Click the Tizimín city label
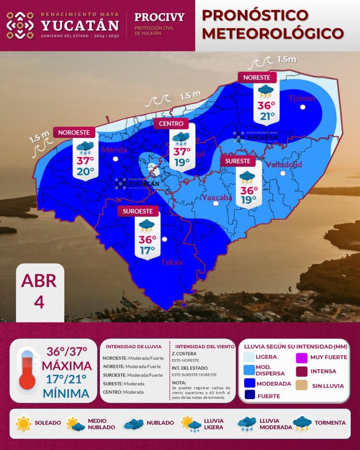[302, 98]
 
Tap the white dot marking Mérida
[115, 159]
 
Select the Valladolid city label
[284, 165]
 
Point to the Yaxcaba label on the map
[217, 198]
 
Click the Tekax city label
[171, 262]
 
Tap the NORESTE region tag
[257, 77]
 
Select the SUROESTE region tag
[138, 211]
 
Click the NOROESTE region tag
[74, 132]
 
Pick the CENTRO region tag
[171, 124]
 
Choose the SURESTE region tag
[238, 161]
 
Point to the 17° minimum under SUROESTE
[147, 250]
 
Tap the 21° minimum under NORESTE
[266, 116]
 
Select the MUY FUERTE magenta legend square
[303, 357]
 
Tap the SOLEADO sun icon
[23, 423]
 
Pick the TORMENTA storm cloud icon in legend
[302, 423]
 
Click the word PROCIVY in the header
[159, 18]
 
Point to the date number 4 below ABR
[39, 302]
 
